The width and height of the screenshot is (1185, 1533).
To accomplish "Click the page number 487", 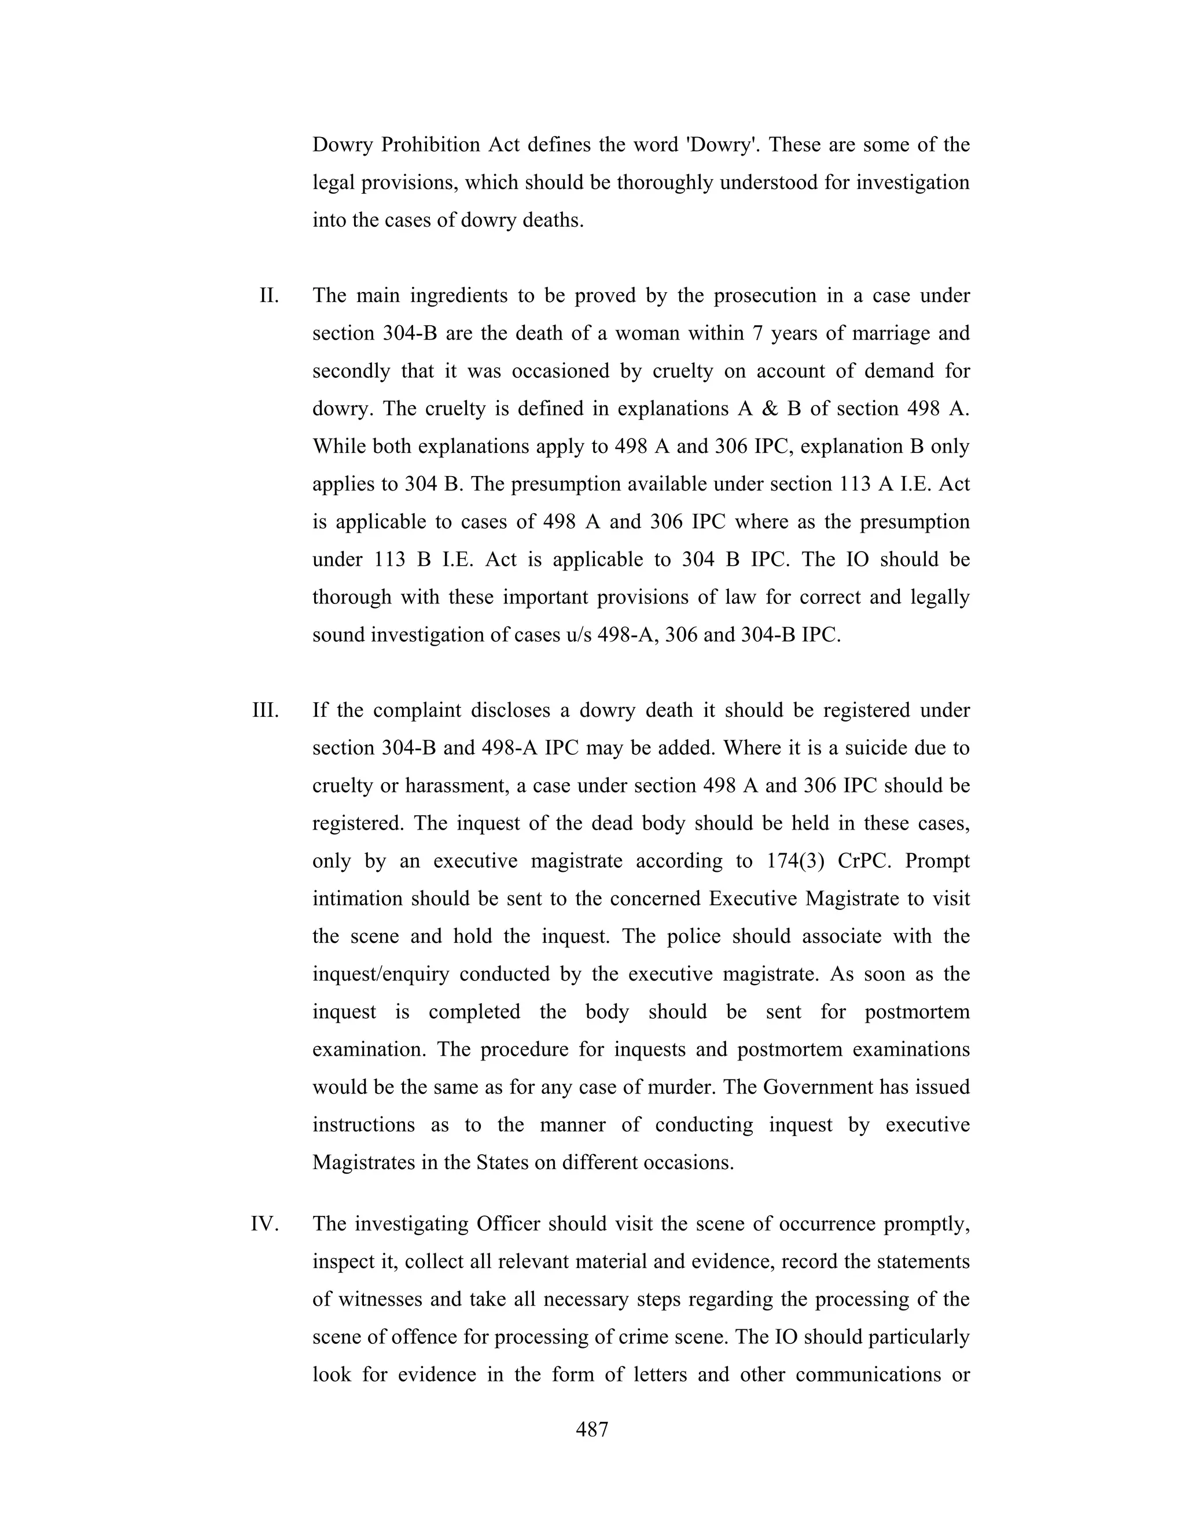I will point(592,1429).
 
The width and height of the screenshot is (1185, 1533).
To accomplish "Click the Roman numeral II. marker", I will point(269,296).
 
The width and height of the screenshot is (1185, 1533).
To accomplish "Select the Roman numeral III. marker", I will point(266,710).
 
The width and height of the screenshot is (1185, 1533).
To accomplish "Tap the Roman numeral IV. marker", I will point(264,1224).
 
